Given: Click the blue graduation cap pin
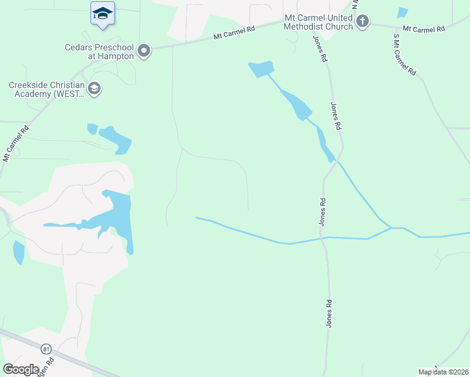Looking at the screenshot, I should coord(102,14).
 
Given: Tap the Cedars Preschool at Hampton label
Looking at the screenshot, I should coord(99,51).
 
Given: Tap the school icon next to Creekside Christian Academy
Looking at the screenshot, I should coord(94,89).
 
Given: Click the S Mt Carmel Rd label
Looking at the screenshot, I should coord(405,55).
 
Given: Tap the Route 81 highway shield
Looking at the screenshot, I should coord(46,349).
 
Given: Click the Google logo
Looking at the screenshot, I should coord(21,369).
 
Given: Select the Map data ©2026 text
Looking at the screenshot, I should coord(443,372).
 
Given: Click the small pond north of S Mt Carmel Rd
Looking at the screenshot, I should coord(402,13).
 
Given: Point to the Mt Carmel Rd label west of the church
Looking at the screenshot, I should coord(234,33).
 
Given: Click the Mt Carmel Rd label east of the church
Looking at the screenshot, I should coord(423,29).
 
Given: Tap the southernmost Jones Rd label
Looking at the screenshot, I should coord(329,313).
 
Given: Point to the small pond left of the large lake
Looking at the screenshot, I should coord(19,252).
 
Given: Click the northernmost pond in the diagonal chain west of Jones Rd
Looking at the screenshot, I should coord(262,68).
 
